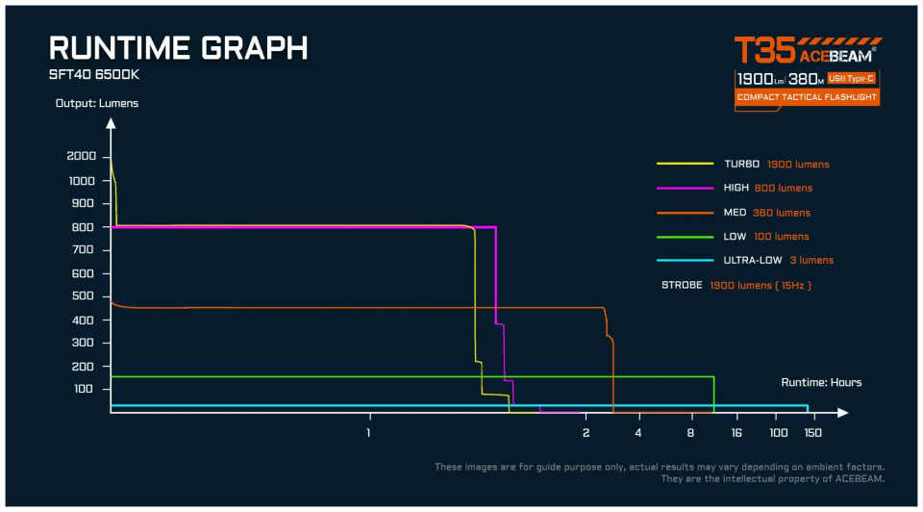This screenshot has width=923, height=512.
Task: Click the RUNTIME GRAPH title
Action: click(179, 49)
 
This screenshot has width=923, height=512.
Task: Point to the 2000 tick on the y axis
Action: click(83, 157)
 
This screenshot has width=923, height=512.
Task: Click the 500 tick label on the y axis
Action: click(83, 296)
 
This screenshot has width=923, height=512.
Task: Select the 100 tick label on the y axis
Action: click(83, 389)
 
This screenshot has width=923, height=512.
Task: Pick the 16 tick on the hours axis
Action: click(736, 433)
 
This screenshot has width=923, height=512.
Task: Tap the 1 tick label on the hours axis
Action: click(368, 433)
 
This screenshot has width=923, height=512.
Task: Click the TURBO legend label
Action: click(741, 165)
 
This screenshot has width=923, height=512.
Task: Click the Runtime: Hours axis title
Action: click(821, 383)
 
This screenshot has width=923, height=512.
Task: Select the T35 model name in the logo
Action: click(764, 51)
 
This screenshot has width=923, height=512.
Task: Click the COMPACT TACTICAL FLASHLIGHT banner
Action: click(807, 97)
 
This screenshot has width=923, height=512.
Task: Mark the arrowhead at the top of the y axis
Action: click(112, 123)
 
